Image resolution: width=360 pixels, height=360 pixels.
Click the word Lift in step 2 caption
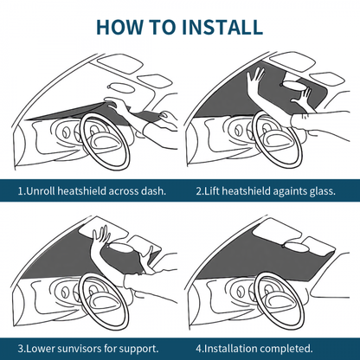pyautogui.click(x=217, y=190)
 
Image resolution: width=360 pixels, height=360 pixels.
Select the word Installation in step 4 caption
pyautogui.click(x=234, y=349)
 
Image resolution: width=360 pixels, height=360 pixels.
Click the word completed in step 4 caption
pyautogui.click(x=290, y=349)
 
